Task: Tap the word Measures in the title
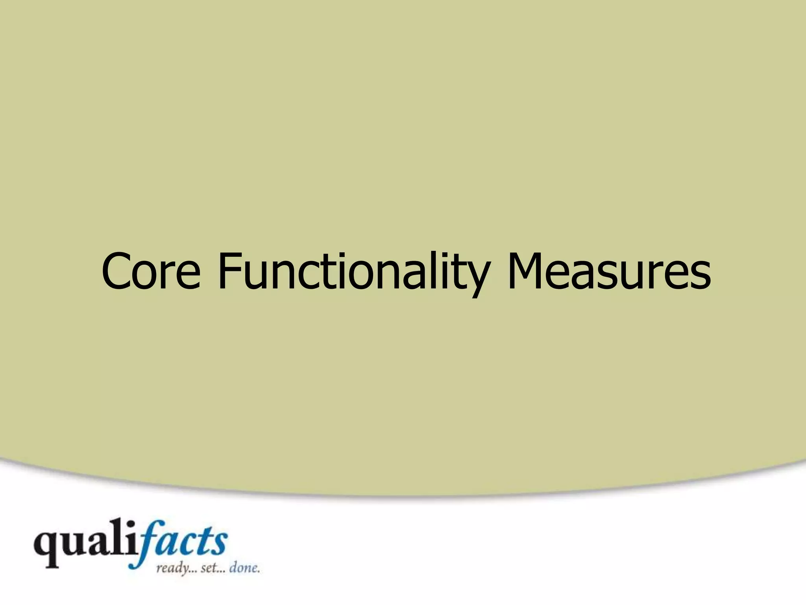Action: point(609,272)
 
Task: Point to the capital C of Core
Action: point(117,271)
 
